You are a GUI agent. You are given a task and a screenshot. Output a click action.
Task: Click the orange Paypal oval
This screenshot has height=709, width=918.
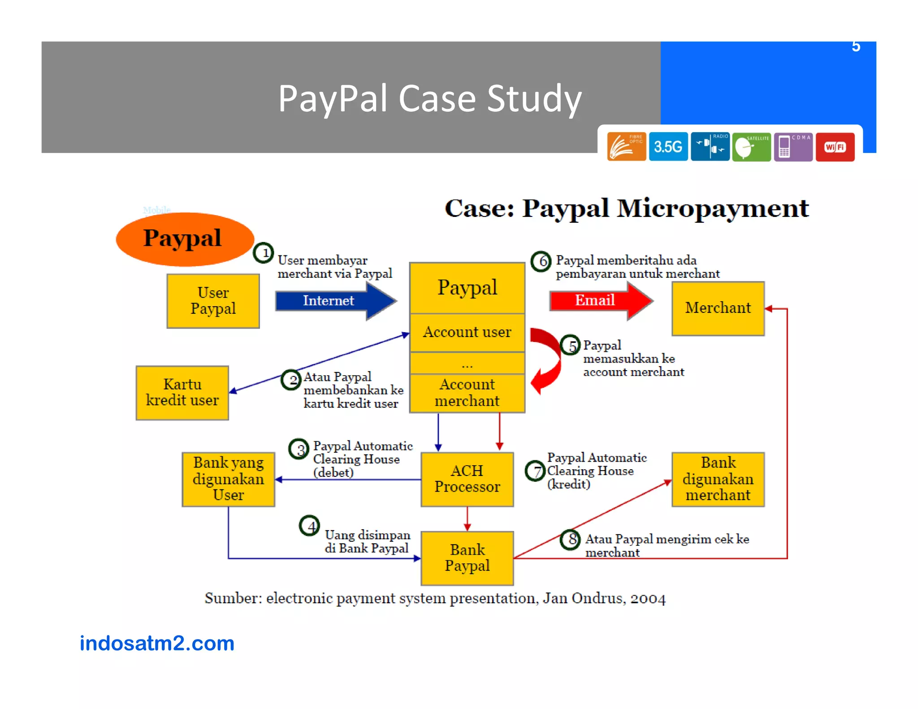coord(184,238)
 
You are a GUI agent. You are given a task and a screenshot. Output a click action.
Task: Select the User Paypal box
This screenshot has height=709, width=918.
coord(213,301)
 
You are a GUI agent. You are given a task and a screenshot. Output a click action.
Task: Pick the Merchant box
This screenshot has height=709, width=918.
coord(718,308)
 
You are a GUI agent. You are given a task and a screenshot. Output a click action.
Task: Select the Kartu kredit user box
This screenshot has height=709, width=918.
coord(182,393)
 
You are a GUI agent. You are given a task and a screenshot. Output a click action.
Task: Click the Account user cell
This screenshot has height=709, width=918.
coord(467,332)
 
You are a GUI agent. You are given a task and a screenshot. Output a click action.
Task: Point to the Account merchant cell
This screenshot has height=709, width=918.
coord(467,393)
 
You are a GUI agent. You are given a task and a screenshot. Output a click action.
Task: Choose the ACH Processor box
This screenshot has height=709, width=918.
coord(467,479)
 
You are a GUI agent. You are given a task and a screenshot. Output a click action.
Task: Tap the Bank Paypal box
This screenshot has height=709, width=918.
coord(467,558)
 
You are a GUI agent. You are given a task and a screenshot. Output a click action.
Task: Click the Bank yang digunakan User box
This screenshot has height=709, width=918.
coord(228,479)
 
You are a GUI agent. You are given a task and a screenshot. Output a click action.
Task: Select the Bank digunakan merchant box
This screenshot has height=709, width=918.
coord(718,479)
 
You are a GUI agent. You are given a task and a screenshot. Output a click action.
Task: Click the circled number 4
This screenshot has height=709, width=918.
coord(310,526)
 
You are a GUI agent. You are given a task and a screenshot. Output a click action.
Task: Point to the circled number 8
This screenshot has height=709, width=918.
coord(571,539)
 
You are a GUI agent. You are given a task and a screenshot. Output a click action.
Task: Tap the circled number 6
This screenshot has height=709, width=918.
coord(541,261)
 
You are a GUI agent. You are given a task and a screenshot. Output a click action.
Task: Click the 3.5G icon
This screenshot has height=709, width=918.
coord(668,147)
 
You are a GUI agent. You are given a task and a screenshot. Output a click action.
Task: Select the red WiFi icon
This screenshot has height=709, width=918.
coord(835,147)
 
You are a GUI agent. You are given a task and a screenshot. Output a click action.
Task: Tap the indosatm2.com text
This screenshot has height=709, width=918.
coord(157,643)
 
